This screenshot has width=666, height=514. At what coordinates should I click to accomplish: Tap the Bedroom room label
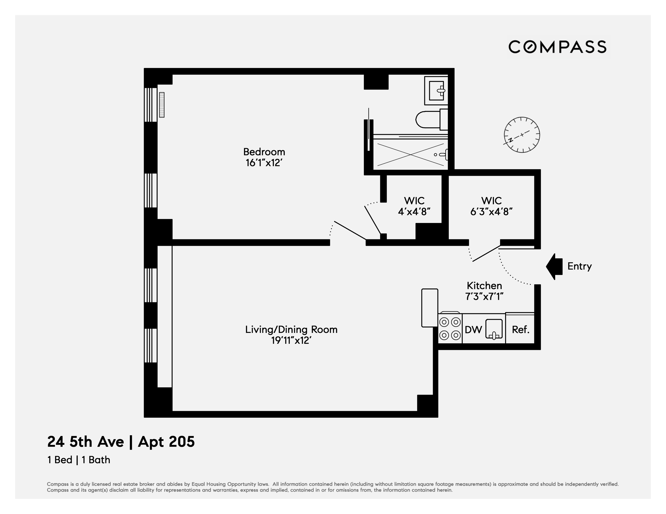[x=264, y=152]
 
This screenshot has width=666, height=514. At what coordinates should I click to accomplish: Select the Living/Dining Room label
[x=291, y=329]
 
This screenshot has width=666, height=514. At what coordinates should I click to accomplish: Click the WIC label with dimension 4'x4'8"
[x=414, y=201]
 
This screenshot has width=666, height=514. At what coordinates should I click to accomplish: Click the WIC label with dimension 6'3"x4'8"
[x=491, y=201]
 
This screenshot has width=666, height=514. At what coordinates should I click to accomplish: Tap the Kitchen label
[x=484, y=286]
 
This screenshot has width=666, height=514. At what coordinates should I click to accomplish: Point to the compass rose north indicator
[x=522, y=135]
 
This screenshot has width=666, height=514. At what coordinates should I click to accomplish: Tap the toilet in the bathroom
[x=430, y=119]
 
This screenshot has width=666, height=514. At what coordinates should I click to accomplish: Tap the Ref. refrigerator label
[x=520, y=329]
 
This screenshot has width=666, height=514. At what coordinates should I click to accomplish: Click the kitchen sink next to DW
[x=494, y=329]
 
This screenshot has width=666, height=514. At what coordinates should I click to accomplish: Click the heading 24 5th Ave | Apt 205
[x=121, y=442]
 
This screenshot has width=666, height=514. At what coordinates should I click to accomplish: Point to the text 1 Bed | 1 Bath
[x=79, y=460]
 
